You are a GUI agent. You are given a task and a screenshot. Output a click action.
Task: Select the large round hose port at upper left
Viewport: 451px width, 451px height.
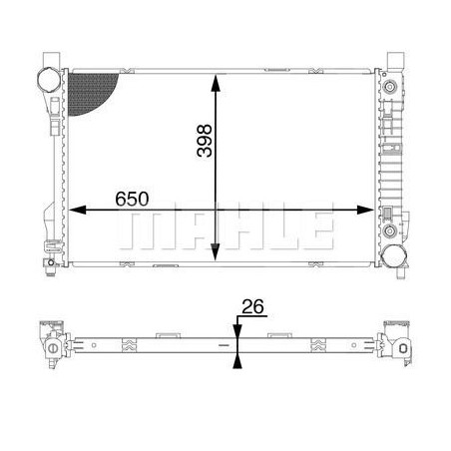pyautogui.click(x=48, y=79)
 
